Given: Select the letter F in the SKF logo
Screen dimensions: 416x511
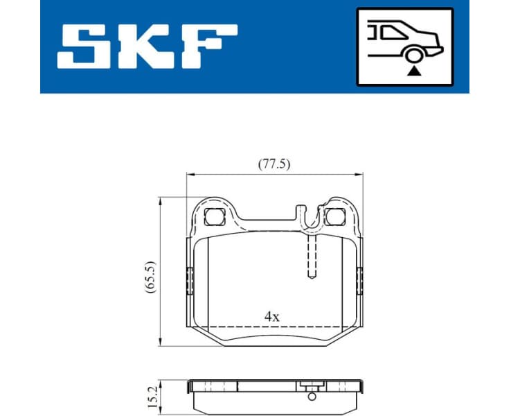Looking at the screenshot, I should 207,47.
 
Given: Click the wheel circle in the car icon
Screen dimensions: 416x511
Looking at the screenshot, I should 414,57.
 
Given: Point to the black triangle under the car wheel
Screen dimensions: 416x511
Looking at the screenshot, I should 414,71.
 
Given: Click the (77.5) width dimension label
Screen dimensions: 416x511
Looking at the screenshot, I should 274,164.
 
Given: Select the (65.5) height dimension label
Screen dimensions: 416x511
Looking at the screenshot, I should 151,278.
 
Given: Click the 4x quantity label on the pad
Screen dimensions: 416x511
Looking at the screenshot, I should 272,316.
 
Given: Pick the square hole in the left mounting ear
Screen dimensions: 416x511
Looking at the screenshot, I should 214,217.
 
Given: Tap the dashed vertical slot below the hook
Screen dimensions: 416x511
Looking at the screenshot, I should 312,257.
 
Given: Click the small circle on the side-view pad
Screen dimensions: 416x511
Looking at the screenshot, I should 312,397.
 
